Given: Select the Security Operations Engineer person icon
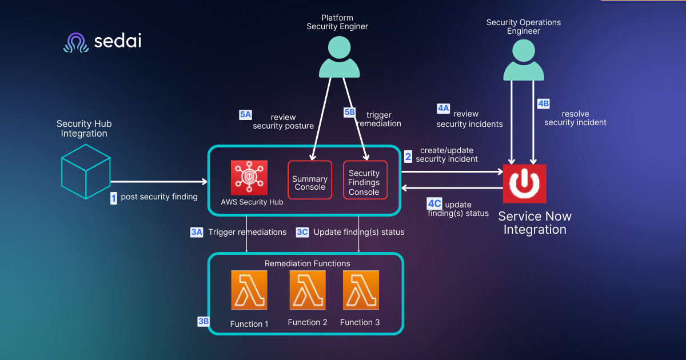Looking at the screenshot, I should point(524,61).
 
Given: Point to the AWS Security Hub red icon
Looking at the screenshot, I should point(249,178).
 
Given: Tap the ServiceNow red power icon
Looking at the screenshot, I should point(524,183).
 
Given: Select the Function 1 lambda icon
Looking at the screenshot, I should point(249,291).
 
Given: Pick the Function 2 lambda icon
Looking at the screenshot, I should point(308,290).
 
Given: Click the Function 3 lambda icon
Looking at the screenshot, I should point(360,290).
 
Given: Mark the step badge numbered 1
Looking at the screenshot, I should point(113,198).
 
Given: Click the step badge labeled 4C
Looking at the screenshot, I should point(434,203).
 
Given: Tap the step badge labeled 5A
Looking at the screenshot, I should point(245,115).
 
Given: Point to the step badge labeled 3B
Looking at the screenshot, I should point(203,322).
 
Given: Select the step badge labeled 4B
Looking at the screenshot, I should point(543,103).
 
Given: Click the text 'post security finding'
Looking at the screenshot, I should point(159,197).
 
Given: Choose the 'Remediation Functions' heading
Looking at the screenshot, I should point(307,263).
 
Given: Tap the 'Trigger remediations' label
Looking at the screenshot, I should point(247,232).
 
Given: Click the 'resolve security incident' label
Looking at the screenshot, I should point(575,118).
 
